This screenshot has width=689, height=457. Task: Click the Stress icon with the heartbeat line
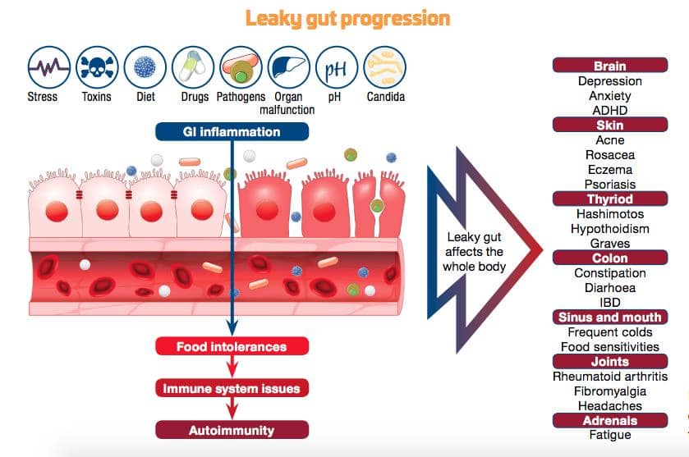[48, 67]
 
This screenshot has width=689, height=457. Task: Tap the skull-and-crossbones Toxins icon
[97, 67]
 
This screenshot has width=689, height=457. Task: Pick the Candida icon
[385, 67]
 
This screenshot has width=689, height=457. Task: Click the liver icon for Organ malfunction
[288, 67]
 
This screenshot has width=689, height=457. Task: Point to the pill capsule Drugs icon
[193, 67]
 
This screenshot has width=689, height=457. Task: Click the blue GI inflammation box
[232, 131]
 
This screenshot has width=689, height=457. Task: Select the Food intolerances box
[232, 346]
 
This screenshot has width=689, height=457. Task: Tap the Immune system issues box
[232, 388]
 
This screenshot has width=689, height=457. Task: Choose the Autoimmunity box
[232, 430]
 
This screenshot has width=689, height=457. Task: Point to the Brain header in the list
[609, 66]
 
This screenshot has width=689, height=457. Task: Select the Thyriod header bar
[609, 199]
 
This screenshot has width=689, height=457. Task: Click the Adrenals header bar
[609, 420]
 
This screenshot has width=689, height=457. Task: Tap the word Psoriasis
[609, 185]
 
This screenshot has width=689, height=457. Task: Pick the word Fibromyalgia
[609, 391]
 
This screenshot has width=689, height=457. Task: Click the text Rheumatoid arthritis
[609, 377]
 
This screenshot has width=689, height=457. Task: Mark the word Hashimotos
[609, 214]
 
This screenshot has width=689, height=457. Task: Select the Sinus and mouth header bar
[609, 317]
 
